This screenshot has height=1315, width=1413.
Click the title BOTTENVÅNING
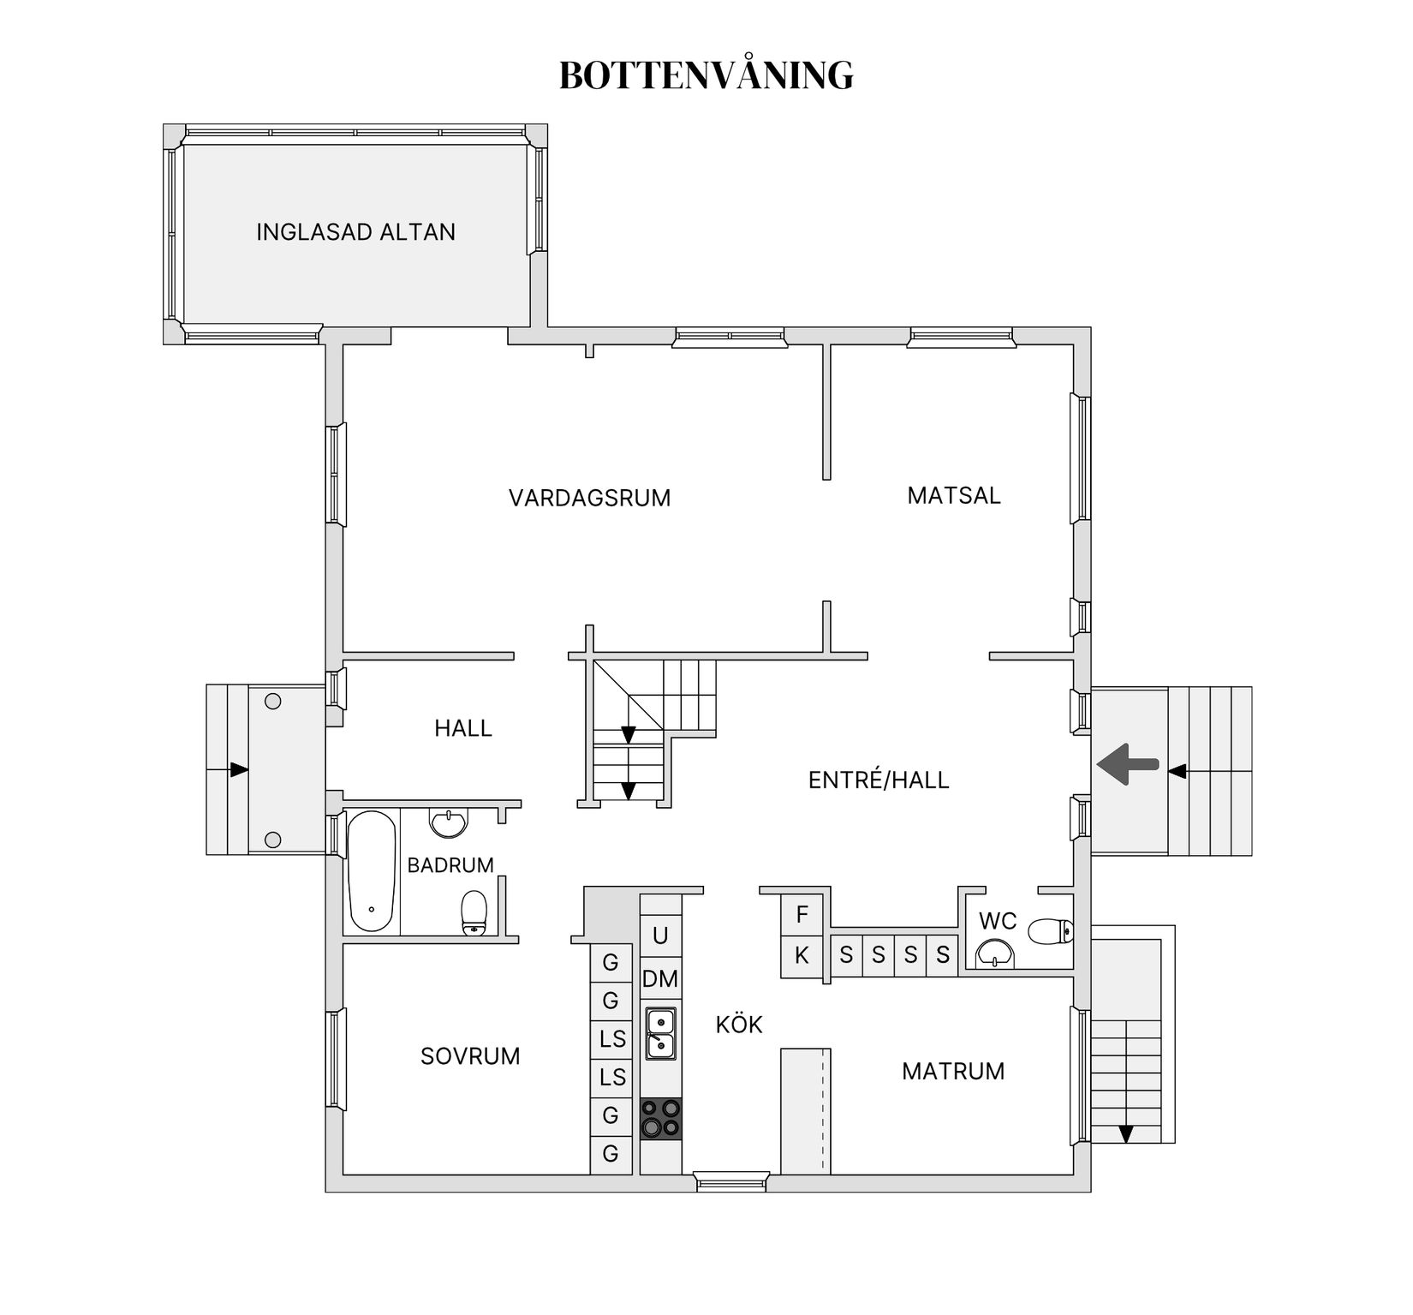[x=706, y=75]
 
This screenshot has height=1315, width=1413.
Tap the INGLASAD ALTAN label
[x=355, y=232]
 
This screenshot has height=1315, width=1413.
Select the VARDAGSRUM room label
[x=589, y=498]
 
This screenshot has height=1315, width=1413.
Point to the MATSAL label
[x=953, y=495]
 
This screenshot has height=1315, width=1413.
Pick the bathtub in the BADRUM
[x=372, y=870]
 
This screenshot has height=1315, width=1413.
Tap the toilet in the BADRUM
[x=474, y=913]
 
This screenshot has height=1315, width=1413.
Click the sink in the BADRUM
[x=449, y=824]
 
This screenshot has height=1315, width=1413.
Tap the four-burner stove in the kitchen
[x=661, y=1119]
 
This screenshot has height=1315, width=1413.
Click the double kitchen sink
[x=660, y=1033]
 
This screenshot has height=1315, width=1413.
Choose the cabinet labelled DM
[x=660, y=978]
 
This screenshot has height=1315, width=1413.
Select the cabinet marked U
[x=660, y=935]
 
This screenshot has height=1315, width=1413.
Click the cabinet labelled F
[x=802, y=914]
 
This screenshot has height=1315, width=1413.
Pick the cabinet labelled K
[x=802, y=955]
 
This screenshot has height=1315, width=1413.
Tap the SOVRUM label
[x=470, y=1056]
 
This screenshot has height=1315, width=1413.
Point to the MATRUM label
[x=953, y=1071]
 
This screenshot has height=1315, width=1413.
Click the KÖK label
[x=738, y=1025]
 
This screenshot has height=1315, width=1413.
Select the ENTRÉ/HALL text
[x=879, y=780]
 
